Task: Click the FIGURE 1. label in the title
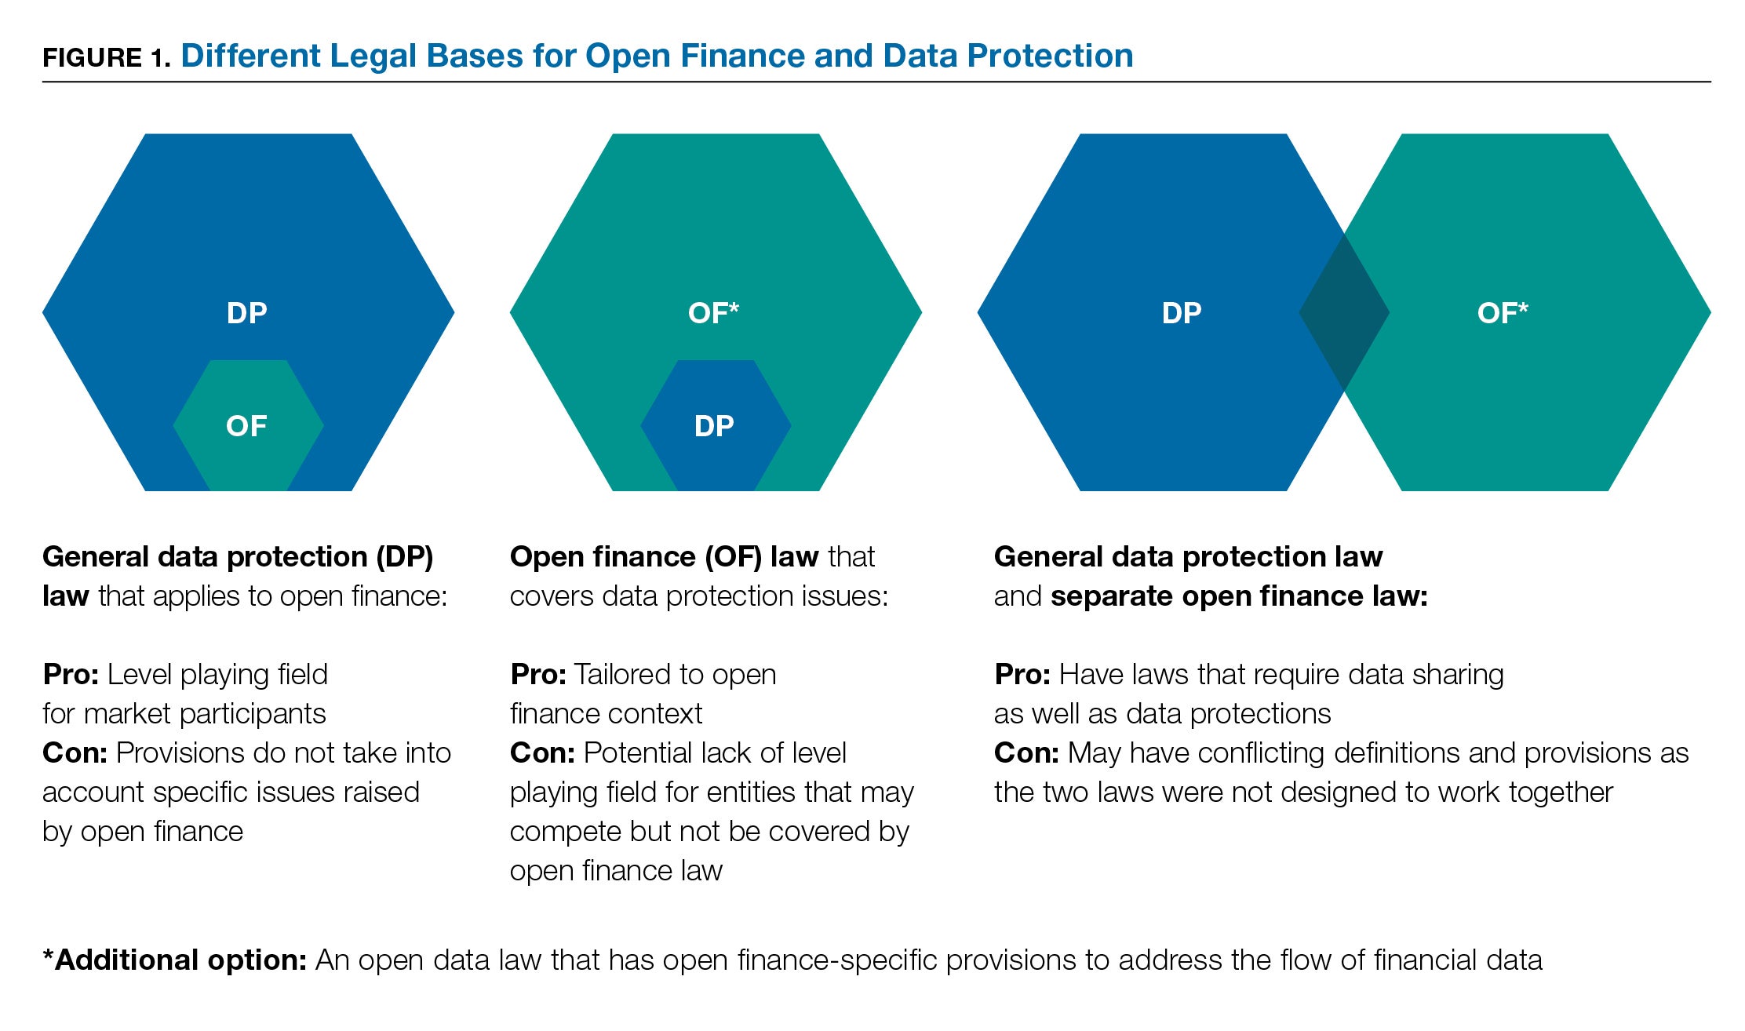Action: click(106, 58)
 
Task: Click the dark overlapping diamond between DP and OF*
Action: click(1344, 312)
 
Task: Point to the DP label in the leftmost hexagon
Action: click(247, 313)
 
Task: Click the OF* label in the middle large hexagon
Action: click(713, 313)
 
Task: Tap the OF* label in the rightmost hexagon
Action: click(1503, 313)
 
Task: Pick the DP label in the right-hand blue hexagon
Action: click(1182, 313)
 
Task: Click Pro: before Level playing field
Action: click(71, 675)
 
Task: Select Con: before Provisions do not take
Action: click(75, 753)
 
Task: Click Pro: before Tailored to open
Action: click(538, 675)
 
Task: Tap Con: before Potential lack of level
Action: click(542, 753)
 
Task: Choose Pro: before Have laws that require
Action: click(1022, 675)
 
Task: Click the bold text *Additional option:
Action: click(174, 960)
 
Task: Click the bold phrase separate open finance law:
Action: click(1239, 596)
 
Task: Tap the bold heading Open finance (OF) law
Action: click(664, 557)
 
